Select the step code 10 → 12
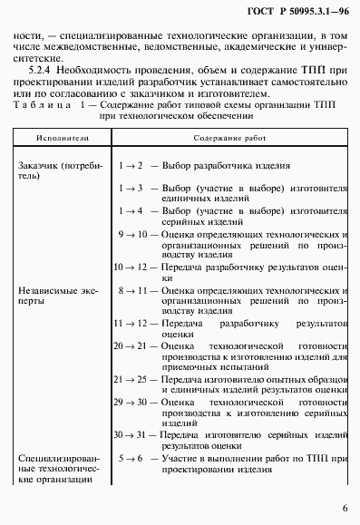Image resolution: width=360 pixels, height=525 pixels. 130,267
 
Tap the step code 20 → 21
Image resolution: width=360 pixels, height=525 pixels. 130,346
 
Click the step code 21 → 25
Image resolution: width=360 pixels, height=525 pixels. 130,381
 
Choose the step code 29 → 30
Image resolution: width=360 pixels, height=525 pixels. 130,403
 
